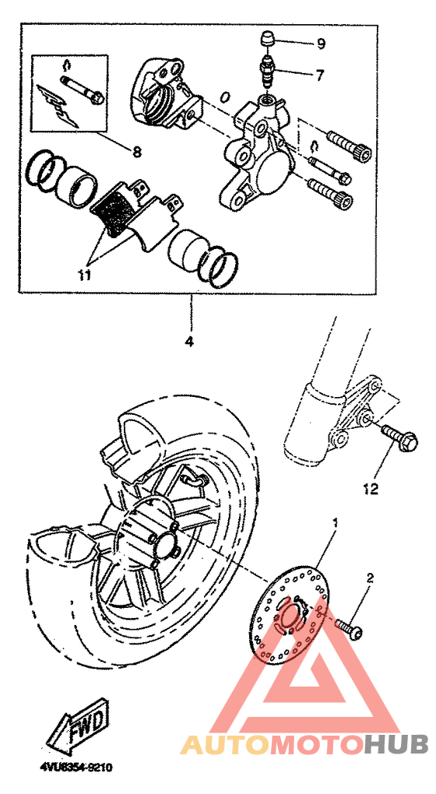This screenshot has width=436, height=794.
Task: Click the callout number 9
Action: pyautogui.click(x=321, y=44)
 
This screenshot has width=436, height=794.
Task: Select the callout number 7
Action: pyautogui.click(x=319, y=76)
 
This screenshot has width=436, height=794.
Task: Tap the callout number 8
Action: pyautogui.click(x=137, y=151)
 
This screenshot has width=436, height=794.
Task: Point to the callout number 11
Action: pyautogui.click(x=84, y=275)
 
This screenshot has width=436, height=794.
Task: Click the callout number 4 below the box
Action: pyautogui.click(x=189, y=341)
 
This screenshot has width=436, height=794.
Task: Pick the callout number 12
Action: pyautogui.click(x=371, y=489)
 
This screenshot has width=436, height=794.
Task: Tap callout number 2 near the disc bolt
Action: pyautogui.click(x=370, y=578)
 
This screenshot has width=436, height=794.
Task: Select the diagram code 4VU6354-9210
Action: pyautogui.click(x=76, y=768)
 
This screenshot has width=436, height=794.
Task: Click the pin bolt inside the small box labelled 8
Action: pyautogui.click(x=82, y=87)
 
